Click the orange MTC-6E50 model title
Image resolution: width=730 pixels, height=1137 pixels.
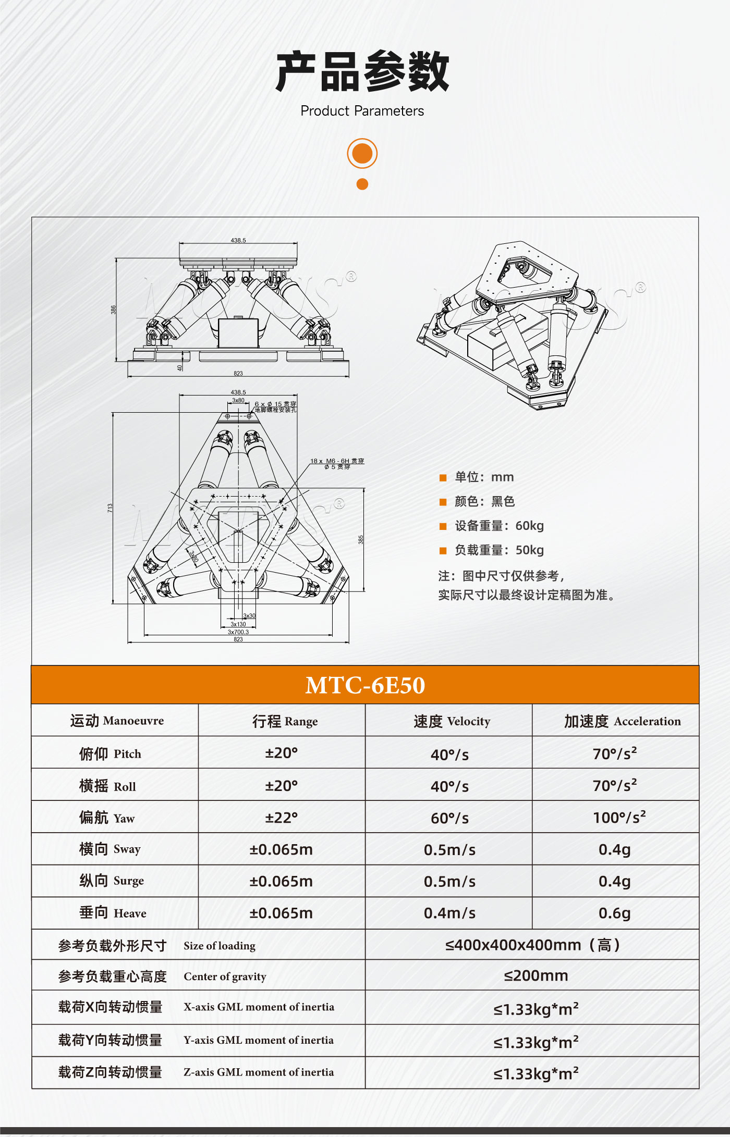pyautogui.click(x=365, y=685)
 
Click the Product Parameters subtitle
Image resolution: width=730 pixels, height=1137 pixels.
pyautogui.click(x=362, y=111)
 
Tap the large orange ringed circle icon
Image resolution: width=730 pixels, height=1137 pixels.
pyautogui.click(x=362, y=153)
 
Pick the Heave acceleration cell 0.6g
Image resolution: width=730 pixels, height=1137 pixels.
pyautogui.click(x=614, y=913)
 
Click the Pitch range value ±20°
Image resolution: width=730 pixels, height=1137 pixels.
pyautogui.click(x=281, y=753)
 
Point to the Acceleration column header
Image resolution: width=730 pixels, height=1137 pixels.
pyautogui.click(x=622, y=721)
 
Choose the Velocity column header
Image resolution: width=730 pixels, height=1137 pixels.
pyautogui.click(x=452, y=721)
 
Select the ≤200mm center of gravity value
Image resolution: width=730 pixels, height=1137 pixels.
pyautogui.click(x=536, y=975)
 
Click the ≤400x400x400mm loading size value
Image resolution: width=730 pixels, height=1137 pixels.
pyautogui.click(x=532, y=945)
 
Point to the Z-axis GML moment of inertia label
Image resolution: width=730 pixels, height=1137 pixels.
pyautogui.click(x=258, y=1072)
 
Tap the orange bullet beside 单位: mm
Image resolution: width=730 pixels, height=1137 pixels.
pyautogui.click(x=443, y=478)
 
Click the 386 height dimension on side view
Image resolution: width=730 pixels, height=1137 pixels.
pyautogui.click(x=113, y=310)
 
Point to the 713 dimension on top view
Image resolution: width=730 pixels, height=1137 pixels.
pyautogui.click(x=110, y=508)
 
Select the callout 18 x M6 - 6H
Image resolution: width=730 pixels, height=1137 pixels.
pyautogui.click(x=337, y=461)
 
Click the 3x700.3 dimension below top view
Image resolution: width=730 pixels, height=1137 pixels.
pyautogui.click(x=238, y=632)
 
